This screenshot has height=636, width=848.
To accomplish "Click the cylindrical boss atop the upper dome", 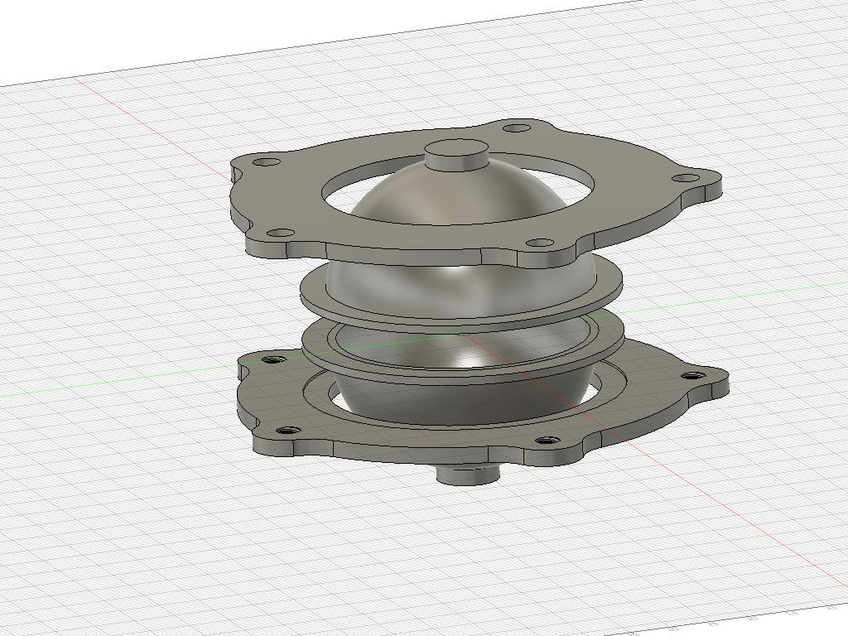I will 455,154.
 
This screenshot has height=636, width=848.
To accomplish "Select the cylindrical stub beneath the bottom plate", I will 468,475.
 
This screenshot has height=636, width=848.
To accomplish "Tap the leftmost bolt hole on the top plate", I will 266,162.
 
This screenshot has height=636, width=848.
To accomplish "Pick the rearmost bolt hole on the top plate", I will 517,128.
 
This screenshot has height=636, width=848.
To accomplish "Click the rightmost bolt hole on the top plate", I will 685,178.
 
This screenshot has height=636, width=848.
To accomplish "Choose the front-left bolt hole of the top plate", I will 281,234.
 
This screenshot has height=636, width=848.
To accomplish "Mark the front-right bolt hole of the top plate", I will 540,243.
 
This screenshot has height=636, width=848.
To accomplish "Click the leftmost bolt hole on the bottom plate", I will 274,360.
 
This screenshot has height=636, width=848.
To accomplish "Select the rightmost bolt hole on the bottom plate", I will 694,376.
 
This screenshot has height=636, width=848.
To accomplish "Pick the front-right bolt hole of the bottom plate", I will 546,440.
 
